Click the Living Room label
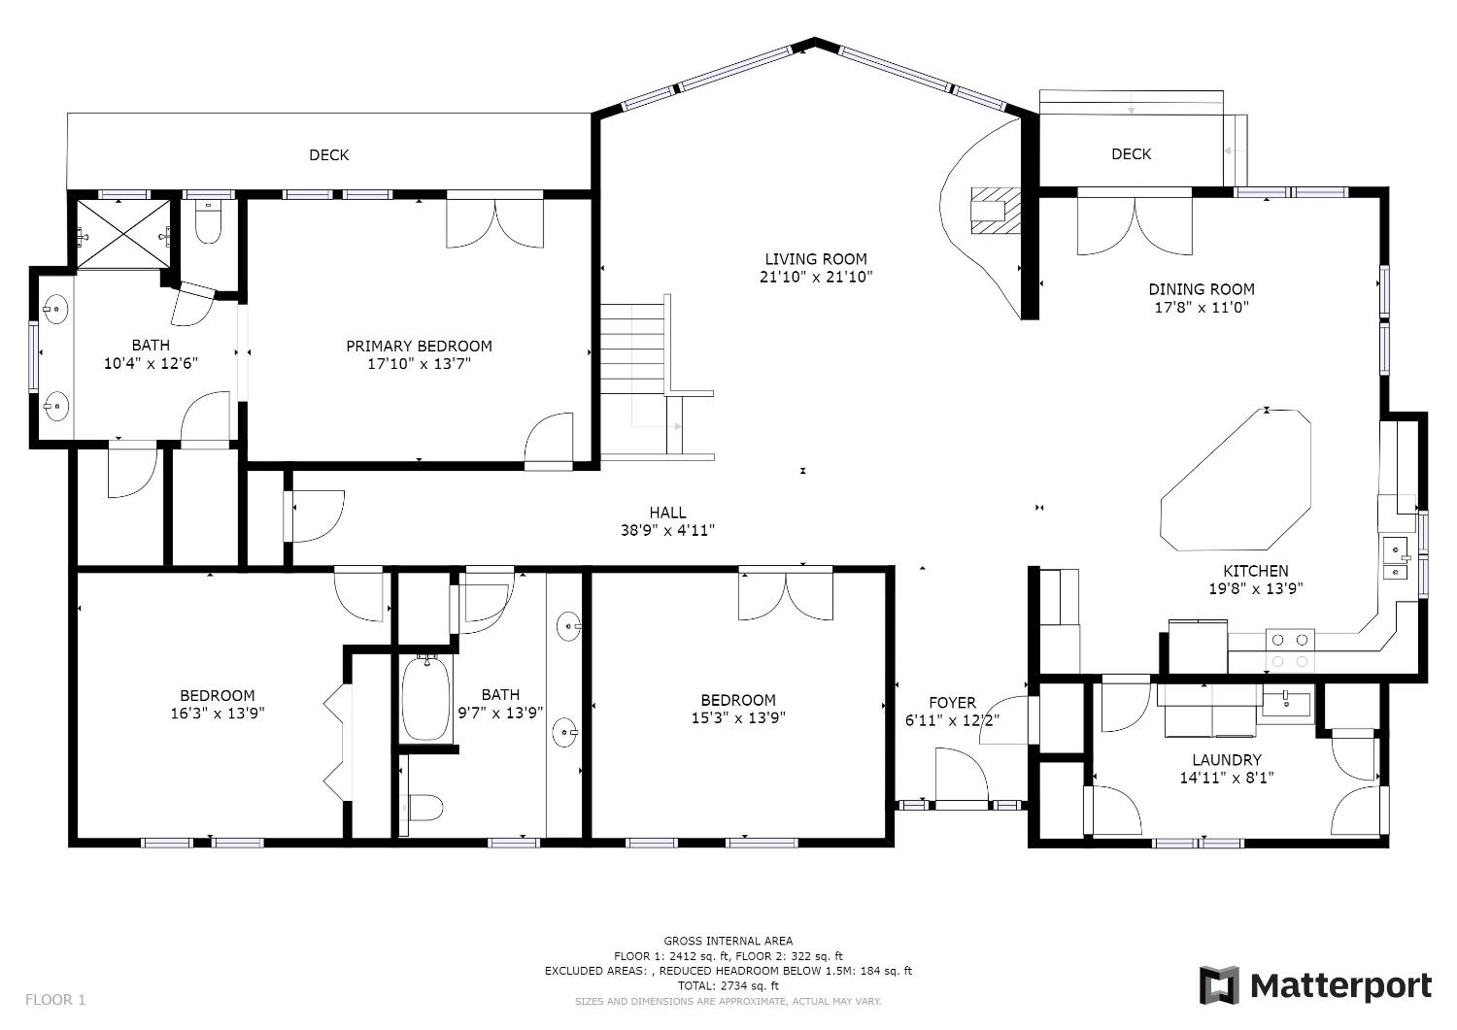pyautogui.click(x=815, y=259)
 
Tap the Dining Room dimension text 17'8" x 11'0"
pyautogui.click(x=1201, y=308)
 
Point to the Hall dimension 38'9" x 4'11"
pyautogui.click(x=667, y=530)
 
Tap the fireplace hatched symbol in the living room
pyautogui.click(x=995, y=210)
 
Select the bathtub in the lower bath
pyautogui.click(x=426, y=698)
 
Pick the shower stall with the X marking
pyautogui.click(x=124, y=234)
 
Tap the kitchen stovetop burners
pyautogui.click(x=1289, y=650)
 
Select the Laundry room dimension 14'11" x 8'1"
pyautogui.click(x=1226, y=778)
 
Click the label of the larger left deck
pyautogui.click(x=329, y=155)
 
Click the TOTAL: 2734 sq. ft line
pyautogui.click(x=728, y=986)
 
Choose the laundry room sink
pyautogui.click(x=1286, y=705)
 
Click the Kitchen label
pyautogui.click(x=1255, y=570)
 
